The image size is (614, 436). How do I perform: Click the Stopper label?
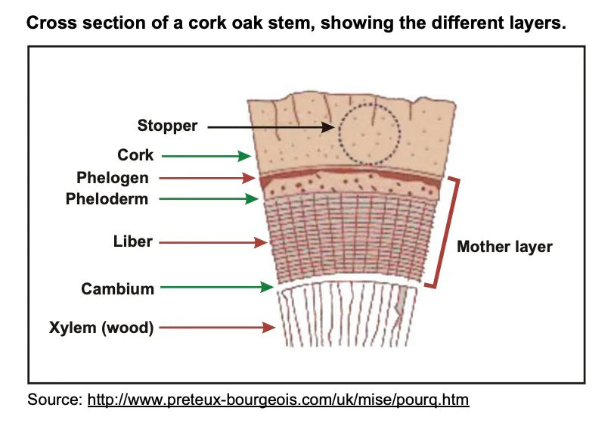point(168,126)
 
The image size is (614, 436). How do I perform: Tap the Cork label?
point(135,155)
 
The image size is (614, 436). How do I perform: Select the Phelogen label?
point(113,178)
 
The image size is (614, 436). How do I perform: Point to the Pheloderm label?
point(107,199)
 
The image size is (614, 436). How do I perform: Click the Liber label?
point(133,242)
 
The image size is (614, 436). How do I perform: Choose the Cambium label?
point(117,288)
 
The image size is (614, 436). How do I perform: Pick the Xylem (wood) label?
point(101,328)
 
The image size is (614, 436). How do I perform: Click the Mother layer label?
point(504,247)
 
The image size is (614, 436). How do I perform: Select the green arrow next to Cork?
point(206,156)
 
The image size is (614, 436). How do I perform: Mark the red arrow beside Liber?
point(215,243)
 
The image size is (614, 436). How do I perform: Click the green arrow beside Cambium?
point(218,288)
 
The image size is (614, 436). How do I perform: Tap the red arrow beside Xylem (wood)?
point(218,328)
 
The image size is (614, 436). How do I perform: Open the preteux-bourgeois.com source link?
point(278,399)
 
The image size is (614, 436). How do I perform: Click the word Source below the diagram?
point(54,399)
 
